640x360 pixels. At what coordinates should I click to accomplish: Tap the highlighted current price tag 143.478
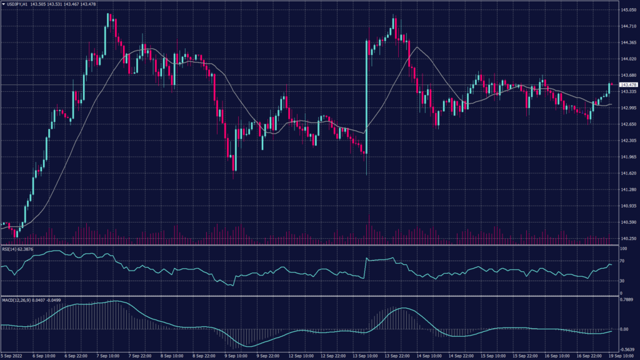627,84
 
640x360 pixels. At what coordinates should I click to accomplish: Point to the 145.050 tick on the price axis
627,10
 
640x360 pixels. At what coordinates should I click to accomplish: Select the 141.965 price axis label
627,157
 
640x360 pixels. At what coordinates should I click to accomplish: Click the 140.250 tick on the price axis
627,239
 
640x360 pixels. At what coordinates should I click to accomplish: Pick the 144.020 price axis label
627,59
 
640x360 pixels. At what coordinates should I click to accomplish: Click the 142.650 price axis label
627,124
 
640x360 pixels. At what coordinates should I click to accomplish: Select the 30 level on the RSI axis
622,281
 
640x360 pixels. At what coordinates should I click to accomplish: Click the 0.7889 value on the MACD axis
626,300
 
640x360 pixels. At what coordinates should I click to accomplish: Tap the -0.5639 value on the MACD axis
626,349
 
